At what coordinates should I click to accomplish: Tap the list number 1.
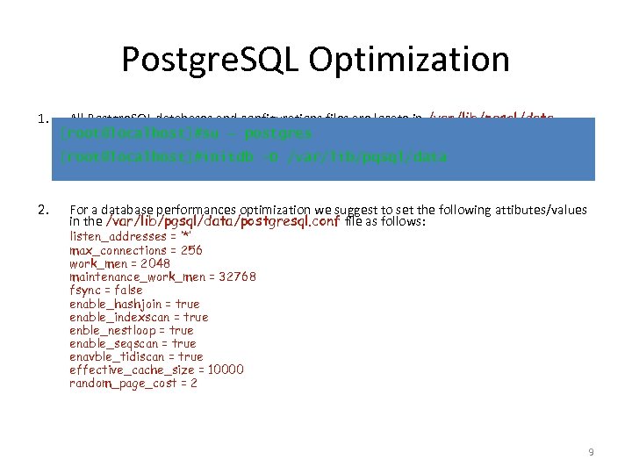coord(43,118)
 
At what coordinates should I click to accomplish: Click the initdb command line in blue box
coord(254,157)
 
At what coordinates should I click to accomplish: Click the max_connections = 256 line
coord(135,250)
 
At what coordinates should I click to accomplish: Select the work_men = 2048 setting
coord(119,263)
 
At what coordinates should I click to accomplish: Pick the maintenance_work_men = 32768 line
coord(162,276)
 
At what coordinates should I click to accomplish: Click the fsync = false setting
coord(105,290)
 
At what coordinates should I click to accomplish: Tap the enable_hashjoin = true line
coord(134,304)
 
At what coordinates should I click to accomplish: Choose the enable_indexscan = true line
coord(139,317)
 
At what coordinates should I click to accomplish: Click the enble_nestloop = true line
coord(132,330)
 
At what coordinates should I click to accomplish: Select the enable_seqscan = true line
coord(133,343)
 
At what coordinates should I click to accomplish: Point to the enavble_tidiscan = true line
coord(136,356)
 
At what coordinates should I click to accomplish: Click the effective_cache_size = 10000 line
coord(156,370)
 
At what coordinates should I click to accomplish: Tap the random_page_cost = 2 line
coord(133,383)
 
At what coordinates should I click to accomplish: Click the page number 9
coord(591,452)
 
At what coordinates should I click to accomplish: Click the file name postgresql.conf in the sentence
coord(297,222)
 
